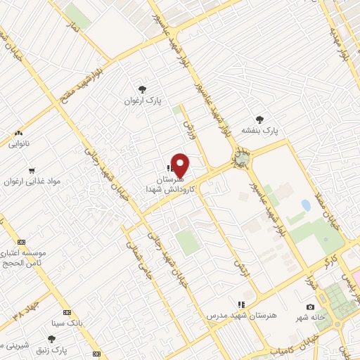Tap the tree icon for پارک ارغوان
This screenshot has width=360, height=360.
pos(143,89)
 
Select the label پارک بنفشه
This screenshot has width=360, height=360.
pos(261,131)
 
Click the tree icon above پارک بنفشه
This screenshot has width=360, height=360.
pos(261,119)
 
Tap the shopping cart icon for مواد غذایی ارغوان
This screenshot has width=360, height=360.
pos(32,171)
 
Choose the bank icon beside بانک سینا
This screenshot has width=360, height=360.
pos(67,312)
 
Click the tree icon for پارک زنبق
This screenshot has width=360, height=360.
pos(51,339)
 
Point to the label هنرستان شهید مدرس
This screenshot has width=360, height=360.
pos(241,316)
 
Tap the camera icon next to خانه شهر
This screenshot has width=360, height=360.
pos(310,307)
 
